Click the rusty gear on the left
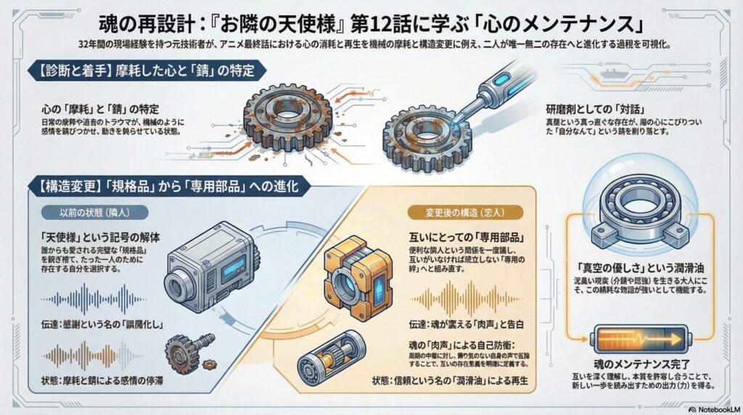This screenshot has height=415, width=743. point(287,118)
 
